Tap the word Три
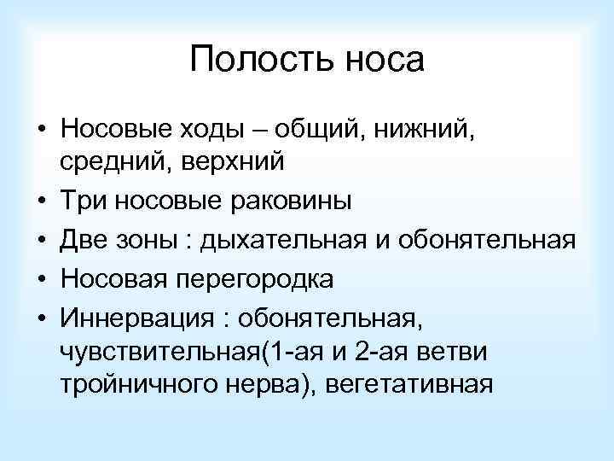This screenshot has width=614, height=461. tap(84, 201)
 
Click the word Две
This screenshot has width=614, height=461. tap(87, 241)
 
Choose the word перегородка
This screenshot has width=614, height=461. tap(275, 280)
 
